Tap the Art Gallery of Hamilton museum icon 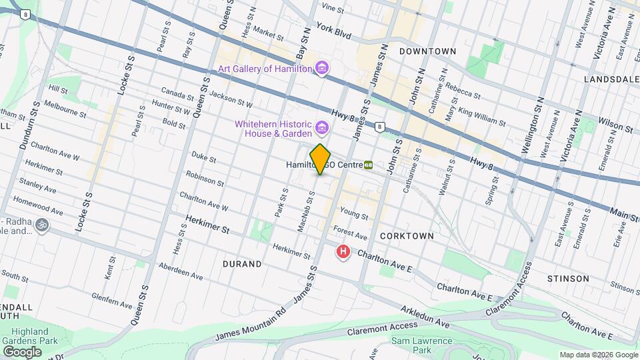pos(322,69)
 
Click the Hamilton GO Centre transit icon pos(368,165)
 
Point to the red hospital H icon pos(343,252)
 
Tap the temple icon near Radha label pos(43,225)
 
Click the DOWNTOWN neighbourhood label pos(427,51)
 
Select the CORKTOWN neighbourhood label pos(407,236)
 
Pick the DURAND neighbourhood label pos(241,264)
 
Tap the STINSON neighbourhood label pos(567,278)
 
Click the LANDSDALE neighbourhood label pos(610,79)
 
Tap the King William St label pos(481,118)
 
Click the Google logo pos(22,351)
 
